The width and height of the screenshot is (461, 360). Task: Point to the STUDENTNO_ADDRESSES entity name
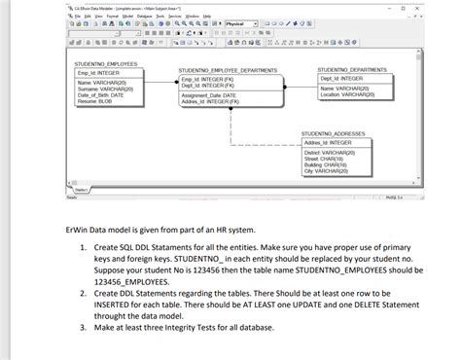pos(333,133)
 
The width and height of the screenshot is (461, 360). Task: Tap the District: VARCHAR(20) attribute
pos(330,154)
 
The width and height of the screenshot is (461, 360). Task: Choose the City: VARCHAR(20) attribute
pos(326,171)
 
